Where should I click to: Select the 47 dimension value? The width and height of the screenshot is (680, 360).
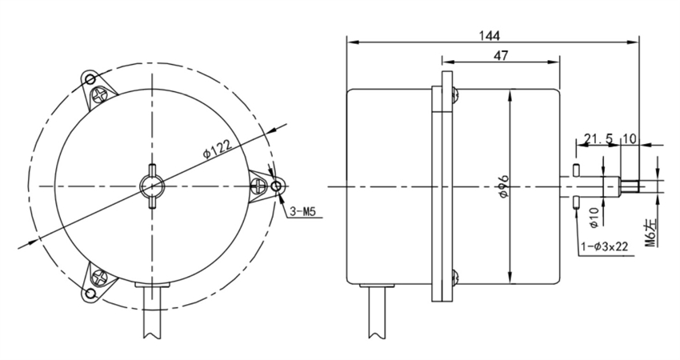(x=502, y=55)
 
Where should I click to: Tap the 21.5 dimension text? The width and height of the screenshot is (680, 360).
(x=598, y=139)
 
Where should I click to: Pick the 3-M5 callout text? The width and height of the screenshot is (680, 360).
(x=304, y=212)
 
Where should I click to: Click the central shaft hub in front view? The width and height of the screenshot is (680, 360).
(x=151, y=186)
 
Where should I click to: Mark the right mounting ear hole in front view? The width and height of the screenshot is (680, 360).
(x=277, y=186)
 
